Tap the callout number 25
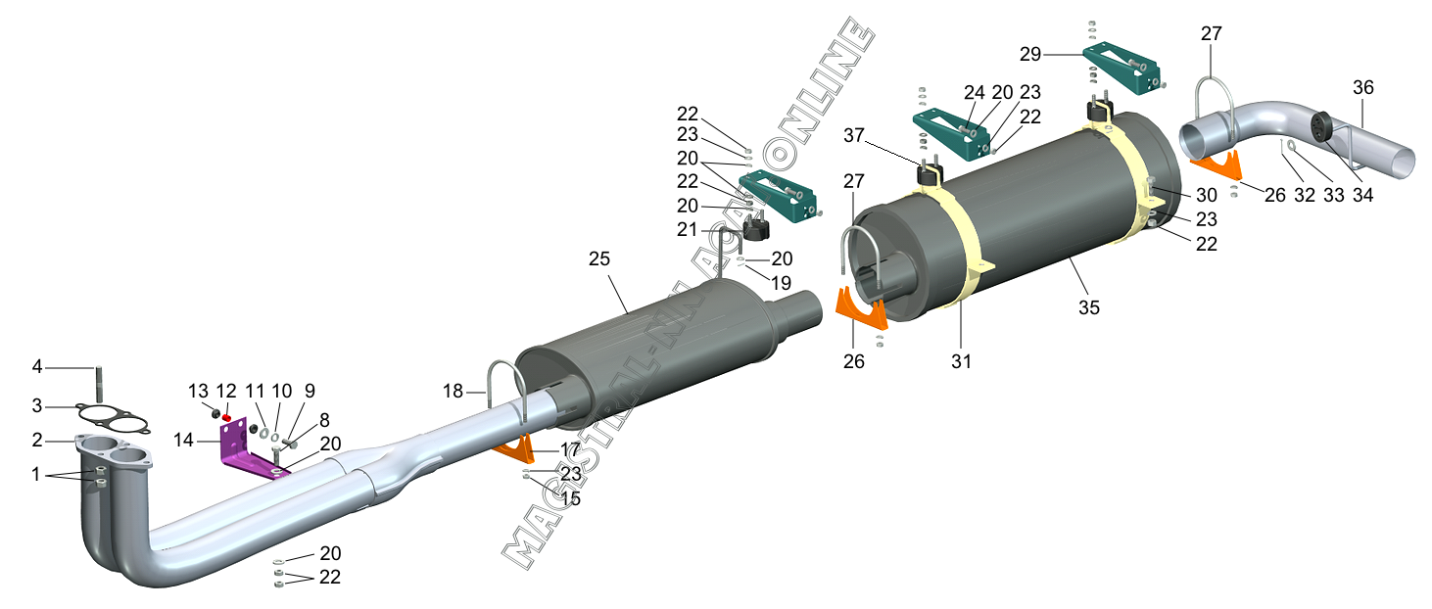point(599,258)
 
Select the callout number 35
point(1089,307)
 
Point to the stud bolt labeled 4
point(99,384)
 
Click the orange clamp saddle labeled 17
point(514,448)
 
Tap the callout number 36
point(1363,87)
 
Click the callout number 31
point(962,361)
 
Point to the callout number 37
point(854,135)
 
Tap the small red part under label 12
point(226,417)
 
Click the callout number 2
point(37,440)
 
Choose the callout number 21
point(688,229)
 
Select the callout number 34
point(1363,195)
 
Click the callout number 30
point(1207,195)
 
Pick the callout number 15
point(570,498)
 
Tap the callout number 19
point(782,283)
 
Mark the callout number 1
point(36,474)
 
